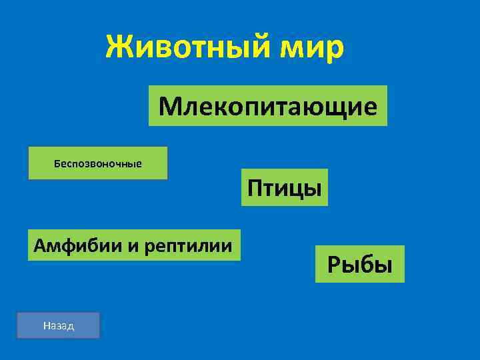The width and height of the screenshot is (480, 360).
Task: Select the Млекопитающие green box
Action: click(267, 105)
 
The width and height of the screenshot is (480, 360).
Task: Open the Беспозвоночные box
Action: click(97, 163)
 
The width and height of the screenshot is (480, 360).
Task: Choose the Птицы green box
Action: click(285, 187)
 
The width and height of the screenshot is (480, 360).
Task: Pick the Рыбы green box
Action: click(360, 265)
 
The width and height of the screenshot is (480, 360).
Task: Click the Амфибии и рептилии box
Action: click(133, 245)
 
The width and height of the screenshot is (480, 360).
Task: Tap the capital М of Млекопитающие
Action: click(169, 105)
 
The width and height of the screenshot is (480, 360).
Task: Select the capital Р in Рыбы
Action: click(333, 265)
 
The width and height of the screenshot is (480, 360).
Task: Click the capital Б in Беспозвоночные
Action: click(57, 163)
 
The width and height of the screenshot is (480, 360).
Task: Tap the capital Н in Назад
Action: click(45, 326)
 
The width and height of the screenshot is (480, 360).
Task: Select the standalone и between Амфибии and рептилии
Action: click(130, 247)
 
